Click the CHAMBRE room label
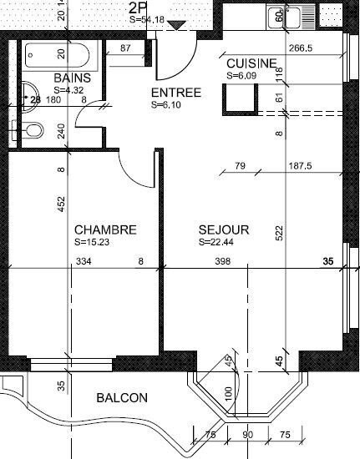(105, 229)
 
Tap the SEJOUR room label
(224, 229)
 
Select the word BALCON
(122, 398)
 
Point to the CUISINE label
(251, 63)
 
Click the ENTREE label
(176, 93)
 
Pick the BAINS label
(73, 78)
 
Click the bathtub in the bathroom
(57, 55)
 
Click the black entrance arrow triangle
(176, 25)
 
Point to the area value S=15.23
(92, 242)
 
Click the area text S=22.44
(215, 242)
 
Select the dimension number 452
(61, 204)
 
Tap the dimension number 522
(280, 233)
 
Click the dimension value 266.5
(301, 48)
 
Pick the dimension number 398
(223, 261)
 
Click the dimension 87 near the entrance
(125, 48)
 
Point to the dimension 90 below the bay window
(248, 435)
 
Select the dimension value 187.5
(300, 166)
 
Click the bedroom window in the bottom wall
(72, 364)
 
